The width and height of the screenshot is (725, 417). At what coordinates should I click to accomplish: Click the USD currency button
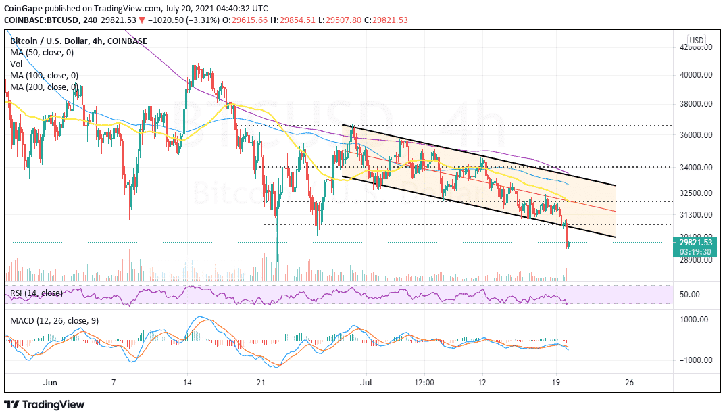696,40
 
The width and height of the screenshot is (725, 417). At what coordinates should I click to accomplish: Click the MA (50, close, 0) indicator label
42,52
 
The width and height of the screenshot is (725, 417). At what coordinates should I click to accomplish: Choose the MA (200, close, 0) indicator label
44,87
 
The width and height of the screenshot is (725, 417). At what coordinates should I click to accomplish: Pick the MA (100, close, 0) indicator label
44,75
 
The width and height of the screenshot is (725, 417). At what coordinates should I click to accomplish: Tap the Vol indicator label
17,64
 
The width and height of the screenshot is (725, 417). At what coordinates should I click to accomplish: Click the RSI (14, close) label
37,293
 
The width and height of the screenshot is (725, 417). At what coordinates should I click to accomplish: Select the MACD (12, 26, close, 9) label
54,320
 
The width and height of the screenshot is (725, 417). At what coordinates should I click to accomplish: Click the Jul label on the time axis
366,382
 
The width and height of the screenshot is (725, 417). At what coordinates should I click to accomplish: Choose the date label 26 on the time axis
630,382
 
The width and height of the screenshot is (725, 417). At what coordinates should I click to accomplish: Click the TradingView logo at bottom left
45,404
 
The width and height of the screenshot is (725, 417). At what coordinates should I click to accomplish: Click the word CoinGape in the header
23,7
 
